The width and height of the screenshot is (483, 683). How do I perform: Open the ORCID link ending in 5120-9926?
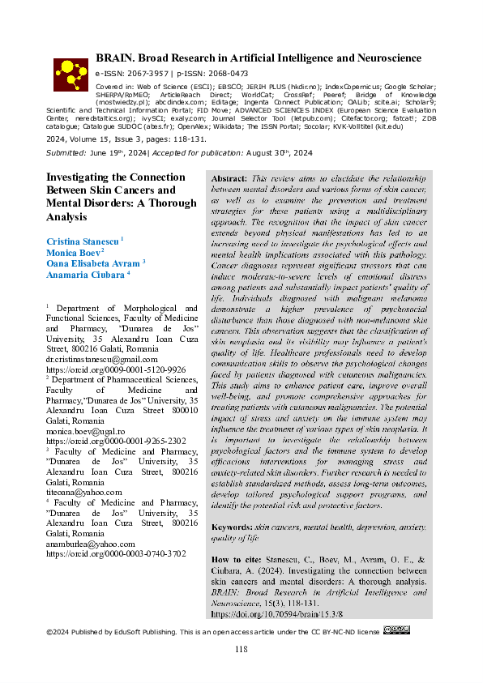coord(115,369)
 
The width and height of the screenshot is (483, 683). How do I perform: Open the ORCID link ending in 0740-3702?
coord(115,554)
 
